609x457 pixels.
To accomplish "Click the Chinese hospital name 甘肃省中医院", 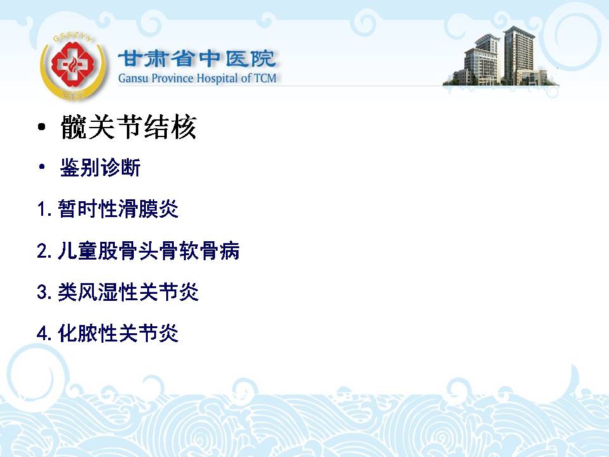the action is pos(197,59).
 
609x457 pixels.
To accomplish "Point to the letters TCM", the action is pos(265,78).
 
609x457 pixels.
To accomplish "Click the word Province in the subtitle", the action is pos(173,79).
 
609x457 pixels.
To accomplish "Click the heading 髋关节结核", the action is pos(129,127).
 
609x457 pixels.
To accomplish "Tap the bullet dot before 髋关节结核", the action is pos(42,127).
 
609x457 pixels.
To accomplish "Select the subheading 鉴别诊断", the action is pos(100,168).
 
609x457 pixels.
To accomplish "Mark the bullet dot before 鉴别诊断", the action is pos(42,167).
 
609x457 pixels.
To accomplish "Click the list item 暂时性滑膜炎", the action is pos(118,209).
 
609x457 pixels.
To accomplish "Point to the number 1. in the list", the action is pos(44,209).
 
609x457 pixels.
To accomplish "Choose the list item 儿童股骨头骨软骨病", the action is pos(148,250).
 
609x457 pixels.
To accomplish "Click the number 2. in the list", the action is pos(44,251).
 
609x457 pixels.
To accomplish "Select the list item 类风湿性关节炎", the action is pos(128,291).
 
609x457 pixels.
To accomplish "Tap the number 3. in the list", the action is pos(44,292).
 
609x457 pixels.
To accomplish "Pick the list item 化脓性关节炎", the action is pos(118,333).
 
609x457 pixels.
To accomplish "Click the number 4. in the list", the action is pos(44,333).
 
